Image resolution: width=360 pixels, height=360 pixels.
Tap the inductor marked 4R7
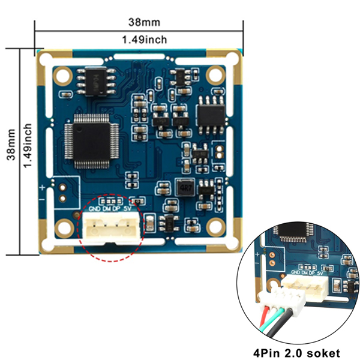(184, 187)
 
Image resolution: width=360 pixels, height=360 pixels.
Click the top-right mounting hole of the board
(214, 76)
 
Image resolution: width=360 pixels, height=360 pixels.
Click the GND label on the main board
(94, 210)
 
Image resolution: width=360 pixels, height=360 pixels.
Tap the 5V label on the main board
(127, 209)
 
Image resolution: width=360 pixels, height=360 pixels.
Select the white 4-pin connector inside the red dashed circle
(110, 227)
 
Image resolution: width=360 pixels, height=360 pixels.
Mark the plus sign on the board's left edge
(43, 188)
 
